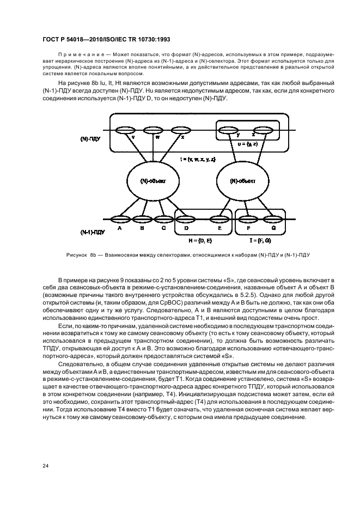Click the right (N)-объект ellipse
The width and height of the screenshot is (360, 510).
point(241,180)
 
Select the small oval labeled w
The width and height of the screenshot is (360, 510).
point(151,130)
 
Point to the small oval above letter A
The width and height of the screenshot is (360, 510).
point(119,220)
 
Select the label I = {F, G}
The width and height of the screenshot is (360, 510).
point(260,240)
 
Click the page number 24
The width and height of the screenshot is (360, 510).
point(46,465)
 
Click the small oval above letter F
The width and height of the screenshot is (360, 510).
point(248,220)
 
